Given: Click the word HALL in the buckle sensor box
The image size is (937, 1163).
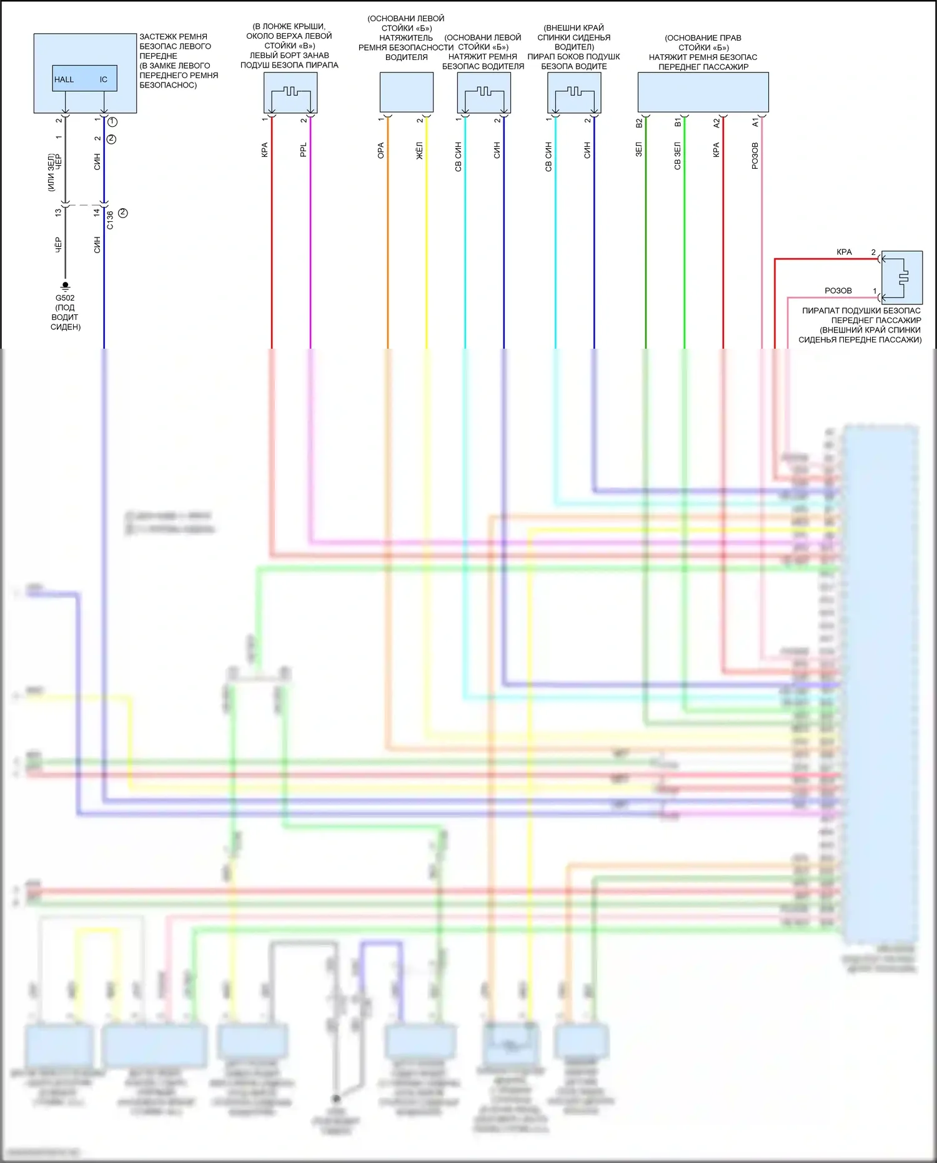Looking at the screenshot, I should (64, 79).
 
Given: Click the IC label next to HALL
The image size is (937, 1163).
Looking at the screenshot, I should (104, 79).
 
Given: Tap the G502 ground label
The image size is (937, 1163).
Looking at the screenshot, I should (65, 298).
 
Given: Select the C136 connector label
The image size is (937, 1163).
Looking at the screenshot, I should (110, 220).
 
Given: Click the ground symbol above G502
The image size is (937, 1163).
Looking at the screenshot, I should (65, 286).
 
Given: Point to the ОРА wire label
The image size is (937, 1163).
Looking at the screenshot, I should (380, 151).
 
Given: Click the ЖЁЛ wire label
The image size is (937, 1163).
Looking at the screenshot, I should (420, 151).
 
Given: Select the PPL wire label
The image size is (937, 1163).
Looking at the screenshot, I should (304, 150).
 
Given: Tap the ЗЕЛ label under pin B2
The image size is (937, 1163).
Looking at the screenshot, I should (638, 149).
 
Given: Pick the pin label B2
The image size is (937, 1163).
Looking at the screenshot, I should (639, 123).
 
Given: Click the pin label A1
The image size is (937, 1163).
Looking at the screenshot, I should (755, 122).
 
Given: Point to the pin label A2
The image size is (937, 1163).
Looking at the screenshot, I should (716, 123).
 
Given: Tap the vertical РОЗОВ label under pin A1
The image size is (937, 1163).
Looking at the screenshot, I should (755, 156).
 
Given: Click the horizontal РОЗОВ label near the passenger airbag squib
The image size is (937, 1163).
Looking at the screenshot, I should (838, 291).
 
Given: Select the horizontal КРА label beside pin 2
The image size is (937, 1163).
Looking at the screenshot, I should (844, 252).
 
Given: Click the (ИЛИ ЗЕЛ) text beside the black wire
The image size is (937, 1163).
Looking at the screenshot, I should (51, 172).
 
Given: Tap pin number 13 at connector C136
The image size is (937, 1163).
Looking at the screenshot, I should (58, 212).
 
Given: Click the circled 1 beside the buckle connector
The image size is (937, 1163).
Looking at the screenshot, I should (112, 122).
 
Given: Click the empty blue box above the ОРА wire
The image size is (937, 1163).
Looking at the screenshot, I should (407, 92).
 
